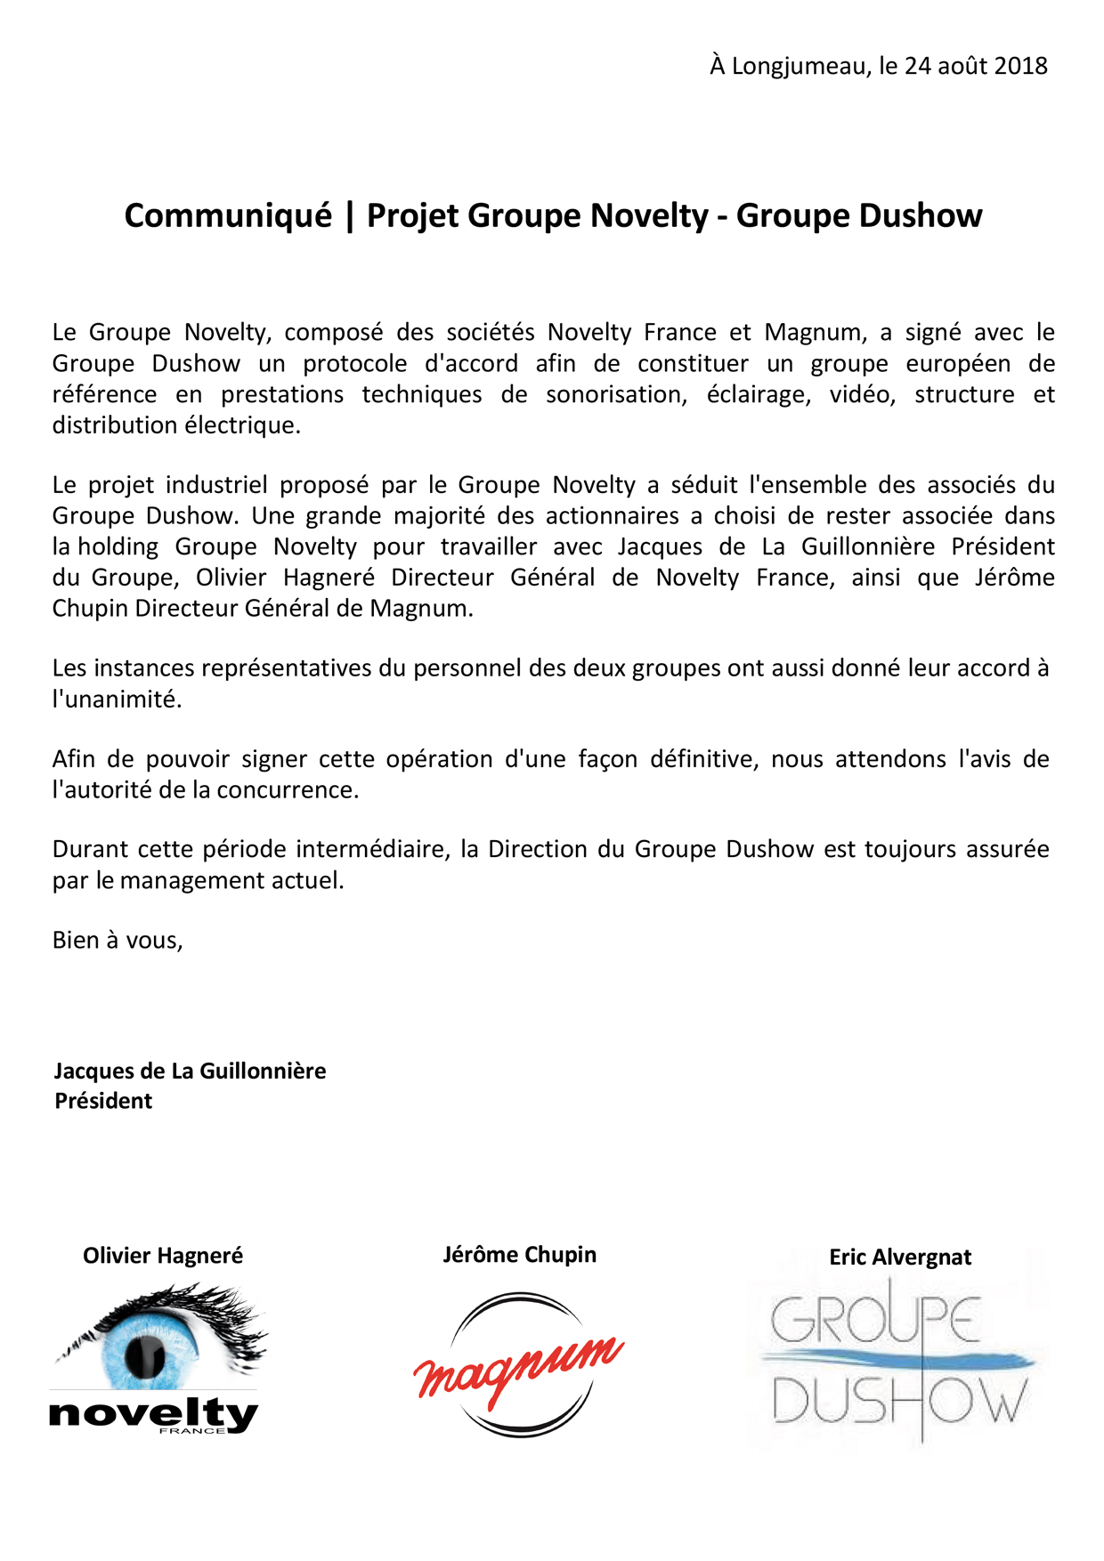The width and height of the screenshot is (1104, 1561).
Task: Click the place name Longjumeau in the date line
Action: pyautogui.click(x=800, y=67)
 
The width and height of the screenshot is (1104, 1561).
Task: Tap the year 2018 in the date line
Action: pyautogui.click(x=1020, y=67)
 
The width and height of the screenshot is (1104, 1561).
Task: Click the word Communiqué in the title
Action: pyautogui.click(x=228, y=216)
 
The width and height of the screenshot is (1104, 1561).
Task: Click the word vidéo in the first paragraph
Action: pyautogui.click(x=862, y=395)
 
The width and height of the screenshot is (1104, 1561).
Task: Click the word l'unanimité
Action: pyautogui.click(x=117, y=700)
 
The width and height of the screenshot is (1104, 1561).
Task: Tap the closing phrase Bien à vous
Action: pyautogui.click(x=117, y=941)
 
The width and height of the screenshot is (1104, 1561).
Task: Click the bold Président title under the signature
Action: pyautogui.click(x=103, y=1102)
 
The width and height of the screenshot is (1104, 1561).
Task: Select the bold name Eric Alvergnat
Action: pyautogui.click(x=900, y=1258)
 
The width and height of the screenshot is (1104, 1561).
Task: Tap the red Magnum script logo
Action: pyautogui.click(x=518, y=1365)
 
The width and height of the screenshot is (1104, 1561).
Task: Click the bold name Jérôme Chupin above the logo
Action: pyautogui.click(x=520, y=1255)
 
